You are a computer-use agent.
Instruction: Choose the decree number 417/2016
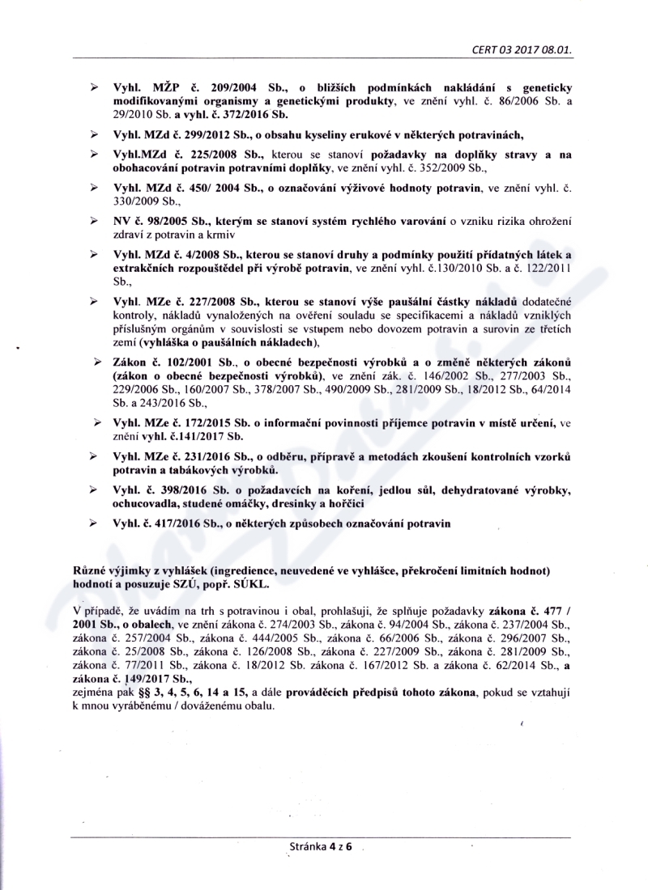[x=174, y=523]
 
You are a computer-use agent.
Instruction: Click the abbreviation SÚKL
[x=253, y=582]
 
